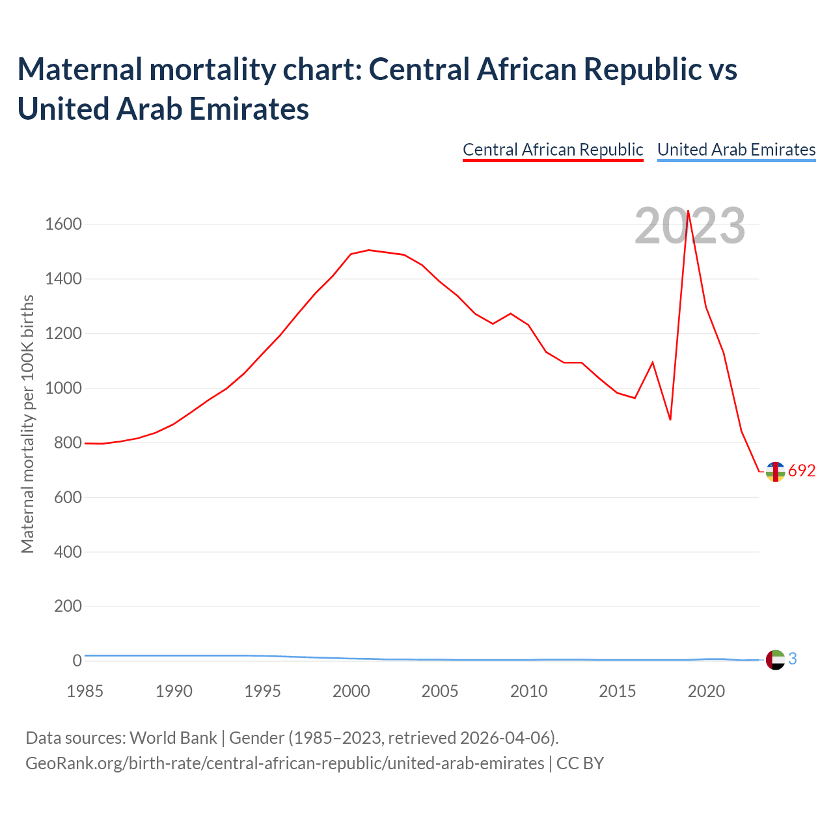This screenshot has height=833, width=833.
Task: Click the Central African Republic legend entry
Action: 553,150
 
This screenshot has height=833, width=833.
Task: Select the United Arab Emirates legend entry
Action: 736,150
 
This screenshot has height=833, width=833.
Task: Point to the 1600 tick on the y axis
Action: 63,225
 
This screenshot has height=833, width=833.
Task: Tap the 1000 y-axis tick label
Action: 63,389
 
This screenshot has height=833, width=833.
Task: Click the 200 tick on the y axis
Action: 68,607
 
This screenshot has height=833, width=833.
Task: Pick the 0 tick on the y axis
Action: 77,661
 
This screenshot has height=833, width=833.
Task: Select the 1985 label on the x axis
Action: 85,691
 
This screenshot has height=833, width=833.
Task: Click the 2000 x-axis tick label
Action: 351,691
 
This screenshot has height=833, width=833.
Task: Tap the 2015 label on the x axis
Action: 618,691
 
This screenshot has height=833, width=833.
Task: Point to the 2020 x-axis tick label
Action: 706,691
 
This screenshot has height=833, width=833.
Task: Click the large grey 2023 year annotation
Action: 690,226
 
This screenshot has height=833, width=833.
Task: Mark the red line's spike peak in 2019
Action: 688,211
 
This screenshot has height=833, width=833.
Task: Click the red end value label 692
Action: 802,471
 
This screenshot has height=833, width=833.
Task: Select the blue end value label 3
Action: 793,659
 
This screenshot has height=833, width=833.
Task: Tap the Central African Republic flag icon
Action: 775,472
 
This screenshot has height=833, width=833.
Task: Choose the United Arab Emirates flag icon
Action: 775,660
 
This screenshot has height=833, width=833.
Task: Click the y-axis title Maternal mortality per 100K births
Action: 27,424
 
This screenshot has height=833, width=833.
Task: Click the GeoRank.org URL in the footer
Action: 284,763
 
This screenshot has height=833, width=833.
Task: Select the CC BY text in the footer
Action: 580,763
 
